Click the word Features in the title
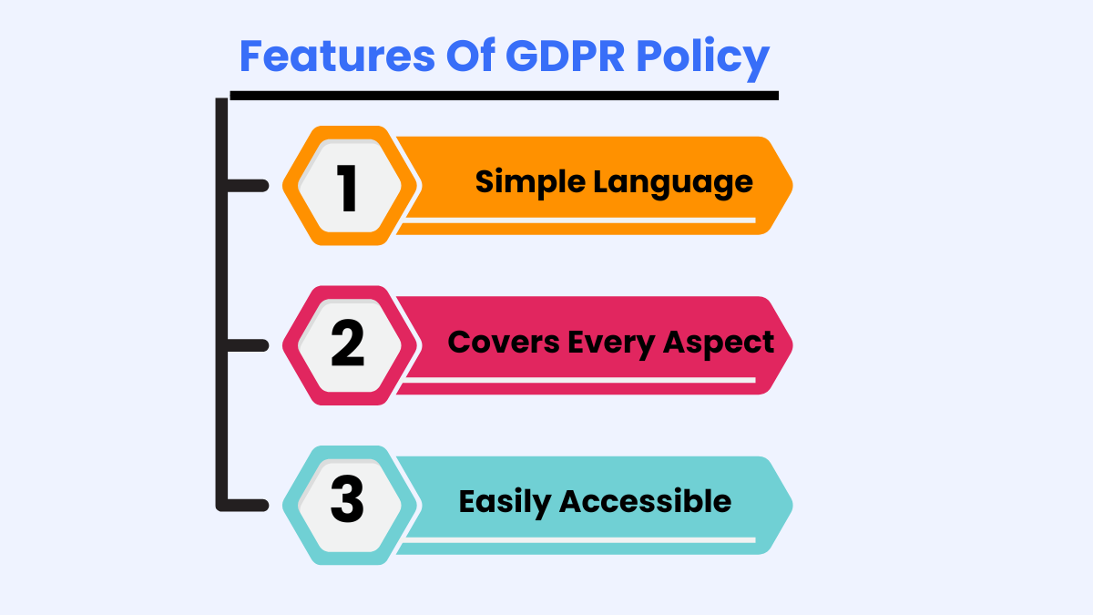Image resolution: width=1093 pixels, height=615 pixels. tap(337, 56)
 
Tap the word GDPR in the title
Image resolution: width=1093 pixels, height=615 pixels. tap(565, 56)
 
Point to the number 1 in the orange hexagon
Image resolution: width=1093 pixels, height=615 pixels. tap(347, 188)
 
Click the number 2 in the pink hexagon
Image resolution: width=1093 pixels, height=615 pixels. tap(347, 343)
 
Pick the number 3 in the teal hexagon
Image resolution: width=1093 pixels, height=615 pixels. tap(347, 499)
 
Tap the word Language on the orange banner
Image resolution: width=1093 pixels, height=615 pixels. tap(673, 183)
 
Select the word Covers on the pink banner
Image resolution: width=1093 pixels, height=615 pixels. tap(504, 343)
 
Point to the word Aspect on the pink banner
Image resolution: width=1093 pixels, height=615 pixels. tap(719, 344)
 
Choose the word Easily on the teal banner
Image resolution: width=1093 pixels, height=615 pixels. tap(505, 503)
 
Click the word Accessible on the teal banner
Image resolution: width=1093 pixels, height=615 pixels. tap(646, 501)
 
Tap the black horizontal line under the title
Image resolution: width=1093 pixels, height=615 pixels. tap(504, 96)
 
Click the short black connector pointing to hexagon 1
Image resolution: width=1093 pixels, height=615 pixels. tap(248, 186)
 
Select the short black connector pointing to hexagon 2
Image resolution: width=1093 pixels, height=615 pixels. tap(248, 345)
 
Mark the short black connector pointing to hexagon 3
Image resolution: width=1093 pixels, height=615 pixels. tap(248, 505)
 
